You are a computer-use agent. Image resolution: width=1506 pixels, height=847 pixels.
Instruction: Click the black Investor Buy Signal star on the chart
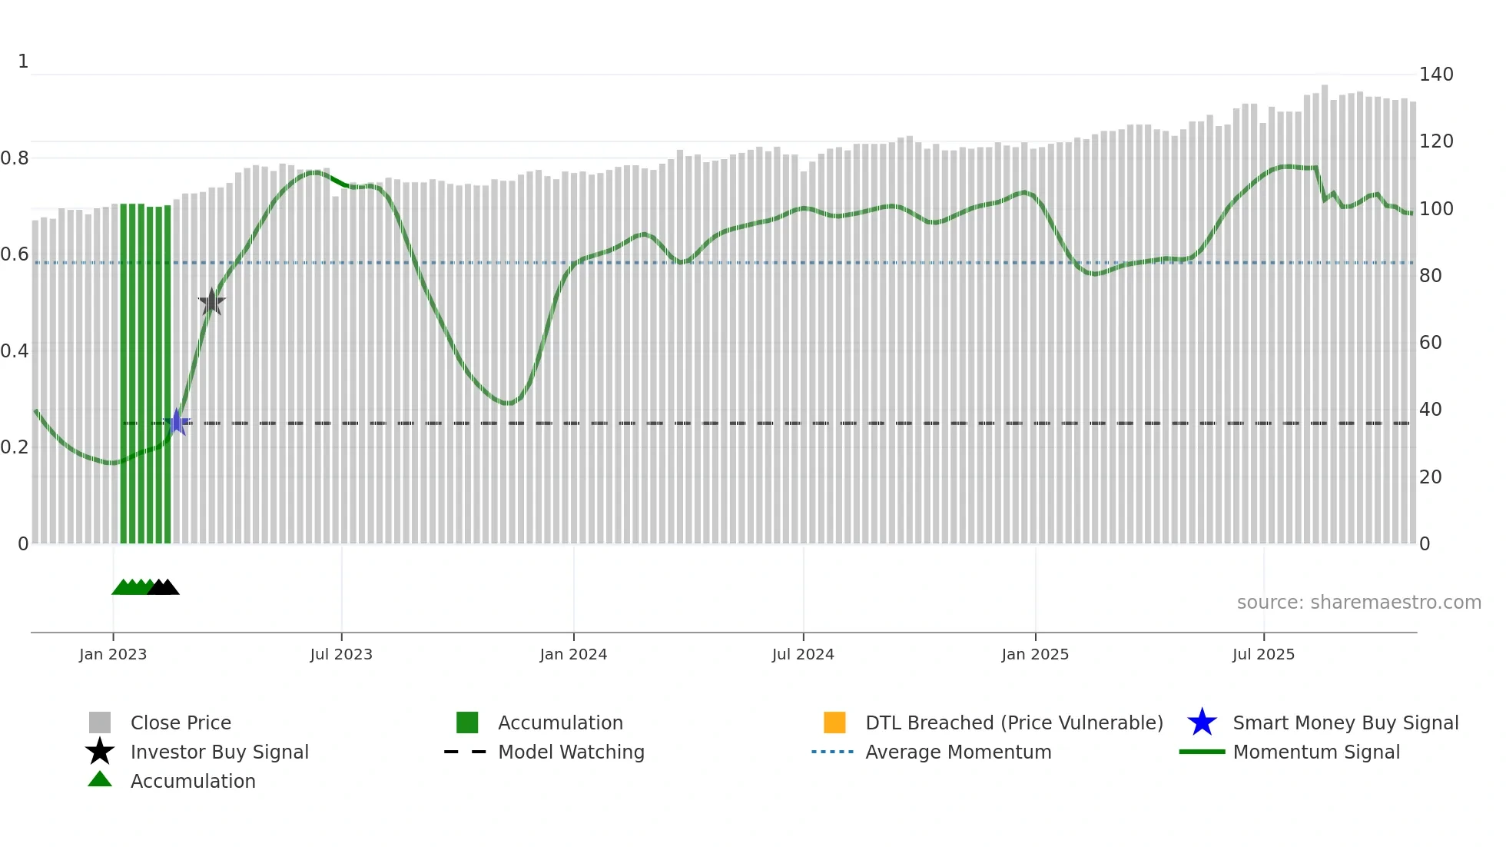pos(211,302)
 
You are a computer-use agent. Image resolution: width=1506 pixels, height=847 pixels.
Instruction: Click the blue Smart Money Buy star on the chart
pos(177,422)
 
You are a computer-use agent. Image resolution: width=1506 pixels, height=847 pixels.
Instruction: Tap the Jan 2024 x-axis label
pos(573,654)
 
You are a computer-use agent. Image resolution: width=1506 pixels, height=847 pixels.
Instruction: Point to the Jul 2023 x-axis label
pos(341,654)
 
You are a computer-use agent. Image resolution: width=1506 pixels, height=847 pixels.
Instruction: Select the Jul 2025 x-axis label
pos(1263,654)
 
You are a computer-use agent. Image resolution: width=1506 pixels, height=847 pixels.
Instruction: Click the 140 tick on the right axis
pos(1435,75)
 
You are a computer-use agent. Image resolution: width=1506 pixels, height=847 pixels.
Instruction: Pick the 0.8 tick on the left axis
pos(15,158)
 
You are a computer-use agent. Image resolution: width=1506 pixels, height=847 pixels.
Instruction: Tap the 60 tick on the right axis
pos(1430,343)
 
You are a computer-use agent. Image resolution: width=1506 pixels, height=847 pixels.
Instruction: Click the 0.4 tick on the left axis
pos(15,351)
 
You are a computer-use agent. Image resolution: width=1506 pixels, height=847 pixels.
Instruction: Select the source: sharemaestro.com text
pos(1358,603)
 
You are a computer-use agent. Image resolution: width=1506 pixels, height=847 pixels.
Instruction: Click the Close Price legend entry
pos(181,722)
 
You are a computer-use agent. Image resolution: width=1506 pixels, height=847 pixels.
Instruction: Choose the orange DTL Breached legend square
pos(834,722)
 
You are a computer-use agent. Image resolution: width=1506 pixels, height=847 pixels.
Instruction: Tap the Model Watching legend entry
pos(571,752)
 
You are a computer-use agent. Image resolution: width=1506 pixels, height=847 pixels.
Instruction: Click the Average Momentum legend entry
pos(957,752)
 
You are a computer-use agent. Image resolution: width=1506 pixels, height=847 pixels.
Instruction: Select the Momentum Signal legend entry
pos(1315,752)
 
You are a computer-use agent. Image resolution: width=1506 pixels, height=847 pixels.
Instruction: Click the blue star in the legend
pos(1202,722)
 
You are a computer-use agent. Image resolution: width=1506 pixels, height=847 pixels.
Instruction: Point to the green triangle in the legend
pos(100,779)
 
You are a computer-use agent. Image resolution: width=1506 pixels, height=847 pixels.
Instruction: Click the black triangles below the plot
pos(164,587)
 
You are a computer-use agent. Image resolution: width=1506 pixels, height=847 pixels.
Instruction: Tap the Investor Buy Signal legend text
pos(219,752)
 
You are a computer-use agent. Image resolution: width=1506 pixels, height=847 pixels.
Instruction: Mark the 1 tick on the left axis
pos(23,61)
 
